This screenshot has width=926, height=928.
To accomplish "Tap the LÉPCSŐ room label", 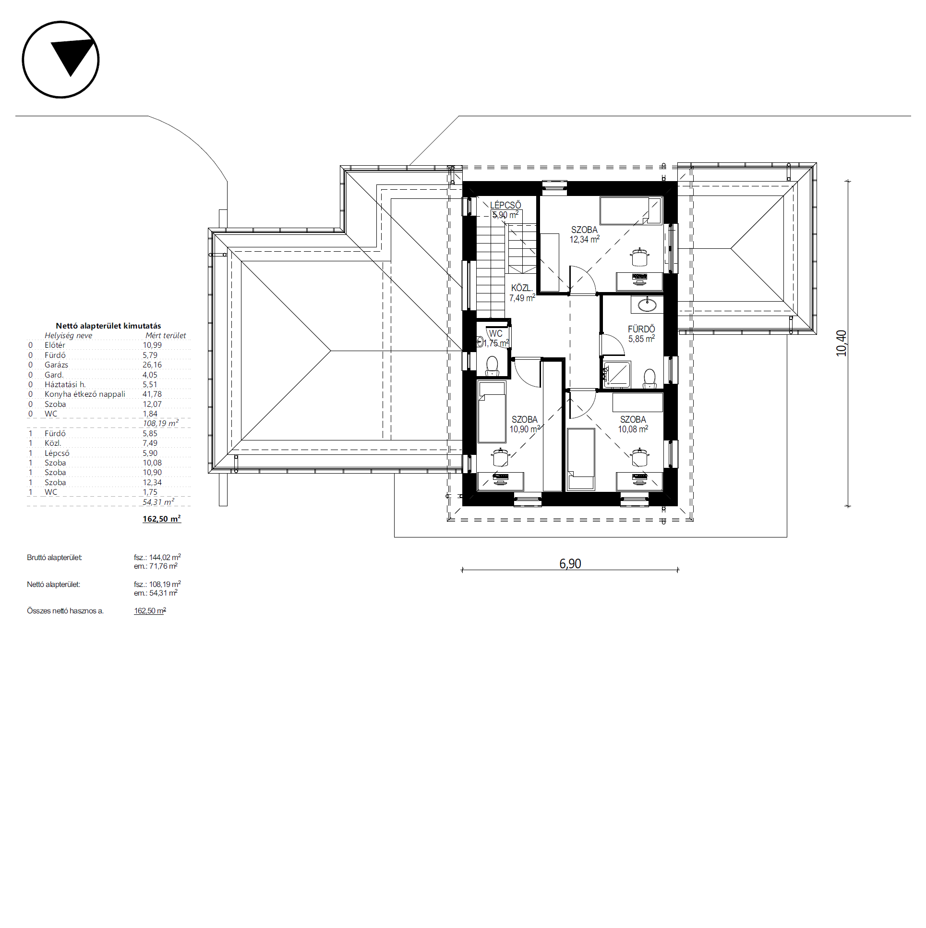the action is click(505, 205).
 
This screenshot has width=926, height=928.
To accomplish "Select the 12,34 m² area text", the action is click(584, 239).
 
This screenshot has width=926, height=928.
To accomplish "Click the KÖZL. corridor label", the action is click(521, 288).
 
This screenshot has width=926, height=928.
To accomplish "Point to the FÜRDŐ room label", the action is click(641, 329).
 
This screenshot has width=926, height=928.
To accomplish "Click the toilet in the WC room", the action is click(493, 366).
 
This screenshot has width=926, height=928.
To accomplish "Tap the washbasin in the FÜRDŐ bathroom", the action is click(647, 304).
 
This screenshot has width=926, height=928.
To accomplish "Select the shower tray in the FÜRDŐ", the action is click(617, 374).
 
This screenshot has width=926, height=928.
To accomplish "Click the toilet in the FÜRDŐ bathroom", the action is click(649, 379).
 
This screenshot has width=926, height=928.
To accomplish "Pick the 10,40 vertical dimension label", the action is click(841, 343).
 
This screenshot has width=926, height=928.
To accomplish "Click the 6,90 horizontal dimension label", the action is click(570, 563).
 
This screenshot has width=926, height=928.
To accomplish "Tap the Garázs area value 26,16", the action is click(152, 365).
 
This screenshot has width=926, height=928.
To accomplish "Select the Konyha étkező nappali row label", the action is click(85, 394).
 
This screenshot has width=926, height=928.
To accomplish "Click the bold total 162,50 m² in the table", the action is click(162, 519).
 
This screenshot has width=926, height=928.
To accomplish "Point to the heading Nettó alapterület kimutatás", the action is click(108, 326).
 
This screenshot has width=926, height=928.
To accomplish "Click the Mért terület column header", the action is click(166, 335).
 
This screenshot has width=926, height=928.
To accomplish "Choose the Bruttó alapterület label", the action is click(54, 558).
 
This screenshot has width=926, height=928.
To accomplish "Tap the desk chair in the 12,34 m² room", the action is click(639, 257).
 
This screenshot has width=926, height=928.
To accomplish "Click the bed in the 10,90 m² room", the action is click(492, 412).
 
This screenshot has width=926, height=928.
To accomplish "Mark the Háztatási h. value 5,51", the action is click(150, 385).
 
